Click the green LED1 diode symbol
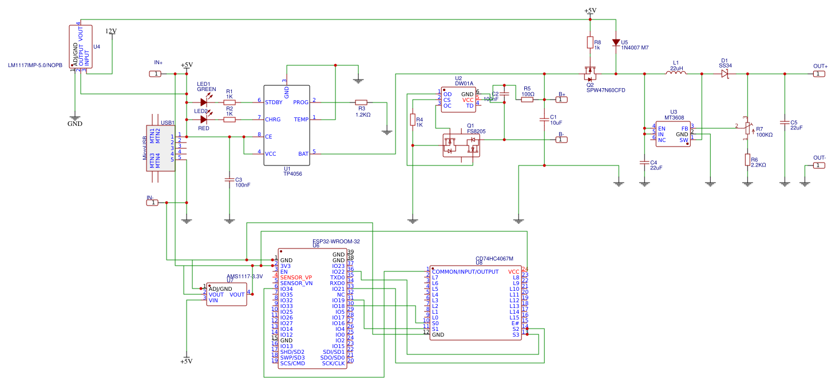[x=204, y=102]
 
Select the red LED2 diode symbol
[x=204, y=120]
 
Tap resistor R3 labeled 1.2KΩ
[x=361, y=102]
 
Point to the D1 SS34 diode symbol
[x=725, y=74]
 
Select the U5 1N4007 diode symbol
[x=616, y=42]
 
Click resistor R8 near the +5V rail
[x=589, y=42]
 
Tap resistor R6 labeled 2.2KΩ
[x=747, y=160]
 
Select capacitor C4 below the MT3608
[x=644, y=163]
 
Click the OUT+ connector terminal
[x=820, y=74]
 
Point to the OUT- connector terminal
[x=820, y=165]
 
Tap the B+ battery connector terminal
[x=561, y=100]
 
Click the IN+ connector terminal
[x=155, y=74]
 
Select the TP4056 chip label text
[x=292, y=173]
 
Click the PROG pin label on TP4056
[x=300, y=102]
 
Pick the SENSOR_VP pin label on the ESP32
[x=296, y=277]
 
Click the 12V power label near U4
[x=111, y=31]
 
